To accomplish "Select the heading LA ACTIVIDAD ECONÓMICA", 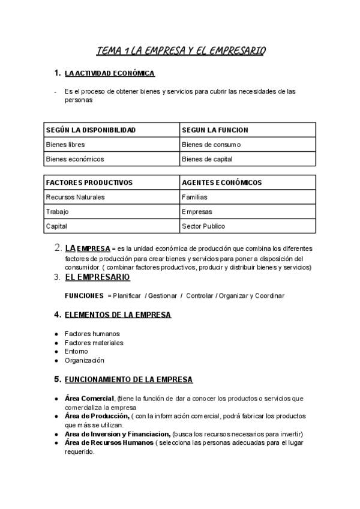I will pyautogui.click(x=110, y=73).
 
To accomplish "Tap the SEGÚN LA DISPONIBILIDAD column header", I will pyautogui.click(x=91, y=130).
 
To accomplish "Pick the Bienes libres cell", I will pyautogui.click(x=65, y=145).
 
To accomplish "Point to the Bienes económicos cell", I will pyautogui.click(x=75, y=159).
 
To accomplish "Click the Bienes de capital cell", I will pyautogui.click(x=207, y=159).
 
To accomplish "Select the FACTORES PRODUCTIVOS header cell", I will pyautogui.click(x=89, y=182).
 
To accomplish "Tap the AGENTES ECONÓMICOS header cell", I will pyautogui.click(x=221, y=182).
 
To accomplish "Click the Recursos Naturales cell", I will pyautogui.click(x=75, y=197).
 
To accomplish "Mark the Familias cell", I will pyautogui.click(x=194, y=197).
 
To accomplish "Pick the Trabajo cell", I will pyautogui.click(x=57, y=212).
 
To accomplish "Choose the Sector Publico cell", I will pyautogui.click(x=203, y=226).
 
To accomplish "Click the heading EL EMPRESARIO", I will pyautogui.click(x=97, y=277).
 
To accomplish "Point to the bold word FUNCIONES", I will pyautogui.click(x=84, y=295).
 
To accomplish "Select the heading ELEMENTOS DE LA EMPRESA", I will pyautogui.click(x=118, y=315).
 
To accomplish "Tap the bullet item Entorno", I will pyautogui.click(x=76, y=351).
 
